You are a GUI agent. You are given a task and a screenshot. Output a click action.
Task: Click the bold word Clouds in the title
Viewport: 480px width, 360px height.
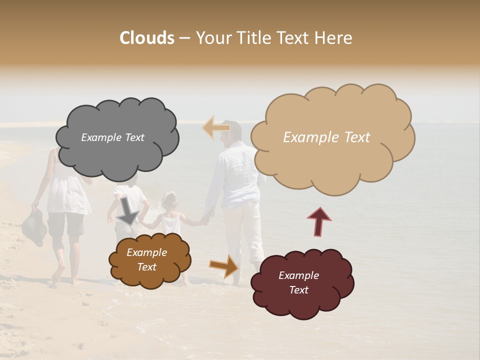pyautogui.click(x=146, y=38)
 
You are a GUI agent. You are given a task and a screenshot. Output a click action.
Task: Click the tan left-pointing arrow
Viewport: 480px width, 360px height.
pyautogui.click(x=216, y=127)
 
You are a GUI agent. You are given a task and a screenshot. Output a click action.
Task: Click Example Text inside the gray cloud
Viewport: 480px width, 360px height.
pyautogui.click(x=112, y=137)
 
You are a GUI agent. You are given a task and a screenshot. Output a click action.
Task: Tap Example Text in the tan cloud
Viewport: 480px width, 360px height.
pyautogui.click(x=326, y=137)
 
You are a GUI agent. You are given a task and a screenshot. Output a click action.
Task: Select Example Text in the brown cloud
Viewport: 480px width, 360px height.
pyautogui.click(x=147, y=259)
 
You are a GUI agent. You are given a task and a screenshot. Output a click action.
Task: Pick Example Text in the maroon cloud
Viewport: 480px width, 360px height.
pyautogui.click(x=298, y=282)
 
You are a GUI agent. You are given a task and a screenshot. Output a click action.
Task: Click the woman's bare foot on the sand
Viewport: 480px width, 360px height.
pyautogui.click(x=58, y=274)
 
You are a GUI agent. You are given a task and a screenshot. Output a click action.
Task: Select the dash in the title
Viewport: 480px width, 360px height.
pyautogui.click(x=184, y=38)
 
